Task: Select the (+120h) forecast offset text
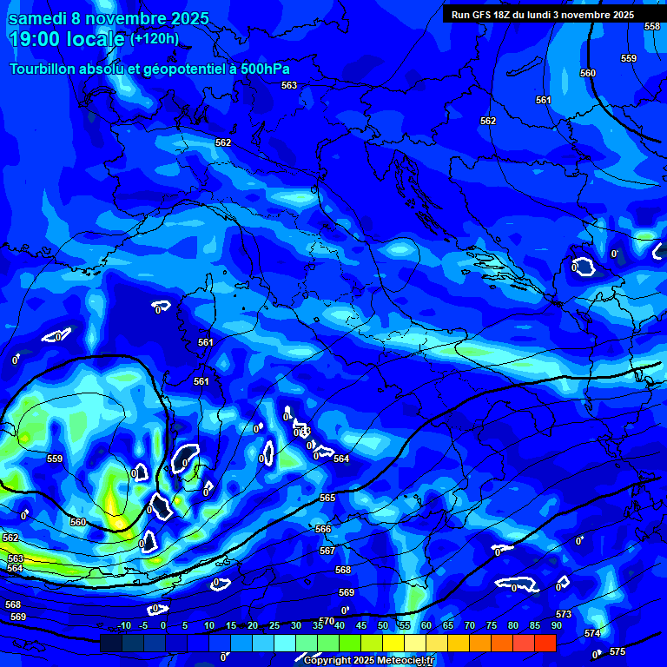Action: pos(155,39)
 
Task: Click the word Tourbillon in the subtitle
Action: pos(43,69)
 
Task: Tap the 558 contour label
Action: pos(651,27)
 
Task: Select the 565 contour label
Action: pos(327,498)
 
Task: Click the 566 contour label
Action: pos(323,529)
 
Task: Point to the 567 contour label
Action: pos(327,551)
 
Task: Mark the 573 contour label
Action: pos(564,614)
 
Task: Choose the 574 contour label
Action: pos(592,633)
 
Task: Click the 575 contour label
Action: pos(617,651)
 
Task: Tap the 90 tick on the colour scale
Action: pos(556,626)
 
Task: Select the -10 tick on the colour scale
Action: pos(123,626)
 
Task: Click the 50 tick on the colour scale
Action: pos(383,626)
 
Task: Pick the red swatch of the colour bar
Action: pos(545,643)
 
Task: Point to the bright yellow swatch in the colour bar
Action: pos(393,643)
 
